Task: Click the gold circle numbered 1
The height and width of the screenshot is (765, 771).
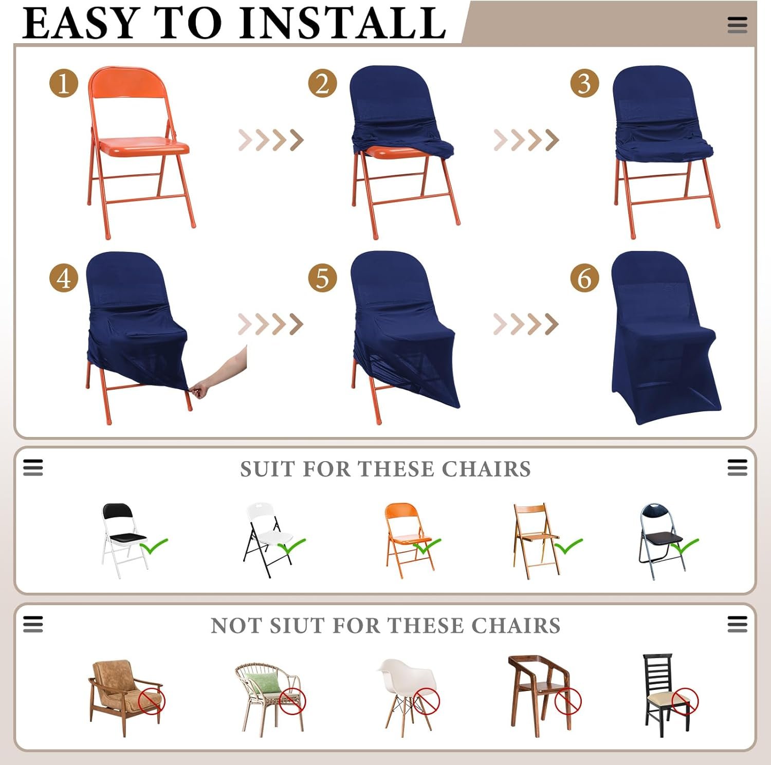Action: pyautogui.click(x=64, y=83)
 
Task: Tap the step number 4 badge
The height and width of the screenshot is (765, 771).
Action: pyautogui.click(x=64, y=278)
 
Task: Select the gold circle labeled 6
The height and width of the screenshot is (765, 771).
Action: pyautogui.click(x=585, y=278)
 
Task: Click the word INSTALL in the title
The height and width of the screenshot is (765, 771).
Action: pyautogui.click(x=343, y=23)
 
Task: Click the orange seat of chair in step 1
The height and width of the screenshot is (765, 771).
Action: pyautogui.click(x=143, y=144)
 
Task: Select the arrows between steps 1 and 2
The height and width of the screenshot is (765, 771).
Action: pyautogui.click(x=271, y=140)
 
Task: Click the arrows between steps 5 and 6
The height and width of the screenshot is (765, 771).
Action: pyautogui.click(x=526, y=324)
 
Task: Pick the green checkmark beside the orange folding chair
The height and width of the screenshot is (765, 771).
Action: pyautogui.click(x=428, y=545)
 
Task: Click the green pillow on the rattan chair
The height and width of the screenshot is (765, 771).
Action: pyautogui.click(x=263, y=683)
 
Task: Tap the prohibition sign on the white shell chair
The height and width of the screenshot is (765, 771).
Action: pyautogui.click(x=427, y=701)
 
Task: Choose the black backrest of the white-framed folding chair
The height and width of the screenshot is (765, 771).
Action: pyautogui.click(x=118, y=512)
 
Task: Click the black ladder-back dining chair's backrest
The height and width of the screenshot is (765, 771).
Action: pyautogui.click(x=658, y=674)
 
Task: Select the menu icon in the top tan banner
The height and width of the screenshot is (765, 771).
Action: pyautogui.click(x=737, y=25)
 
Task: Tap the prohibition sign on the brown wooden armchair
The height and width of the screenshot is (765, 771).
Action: pyautogui.click(x=568, y=701)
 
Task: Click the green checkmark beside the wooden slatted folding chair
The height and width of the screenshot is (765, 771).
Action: pyautogui.click(x=568, y=545)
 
